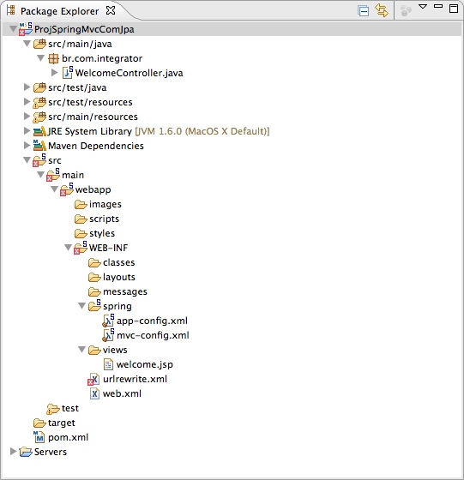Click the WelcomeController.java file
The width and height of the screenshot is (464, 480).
129,73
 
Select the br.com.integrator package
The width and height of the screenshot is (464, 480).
102,58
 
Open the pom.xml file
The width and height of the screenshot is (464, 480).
68,437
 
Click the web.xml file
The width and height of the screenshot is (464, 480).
122,393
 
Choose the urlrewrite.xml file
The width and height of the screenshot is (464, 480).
135,379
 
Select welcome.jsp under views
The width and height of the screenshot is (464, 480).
145,364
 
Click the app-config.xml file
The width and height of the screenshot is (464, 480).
152,321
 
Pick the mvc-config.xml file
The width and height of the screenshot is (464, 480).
153,335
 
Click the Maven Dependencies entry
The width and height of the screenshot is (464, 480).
96,146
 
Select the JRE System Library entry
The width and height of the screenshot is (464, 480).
90,131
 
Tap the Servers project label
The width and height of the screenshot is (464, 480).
51,452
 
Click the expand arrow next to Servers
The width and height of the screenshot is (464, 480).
13,452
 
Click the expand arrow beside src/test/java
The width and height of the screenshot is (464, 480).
27,87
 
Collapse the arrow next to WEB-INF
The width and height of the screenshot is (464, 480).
69,248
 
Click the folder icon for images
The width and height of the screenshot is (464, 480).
81,204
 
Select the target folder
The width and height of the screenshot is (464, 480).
61,423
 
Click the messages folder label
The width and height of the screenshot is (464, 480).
125,291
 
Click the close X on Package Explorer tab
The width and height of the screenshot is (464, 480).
111,10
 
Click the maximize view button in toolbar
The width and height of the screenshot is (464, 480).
454,8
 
